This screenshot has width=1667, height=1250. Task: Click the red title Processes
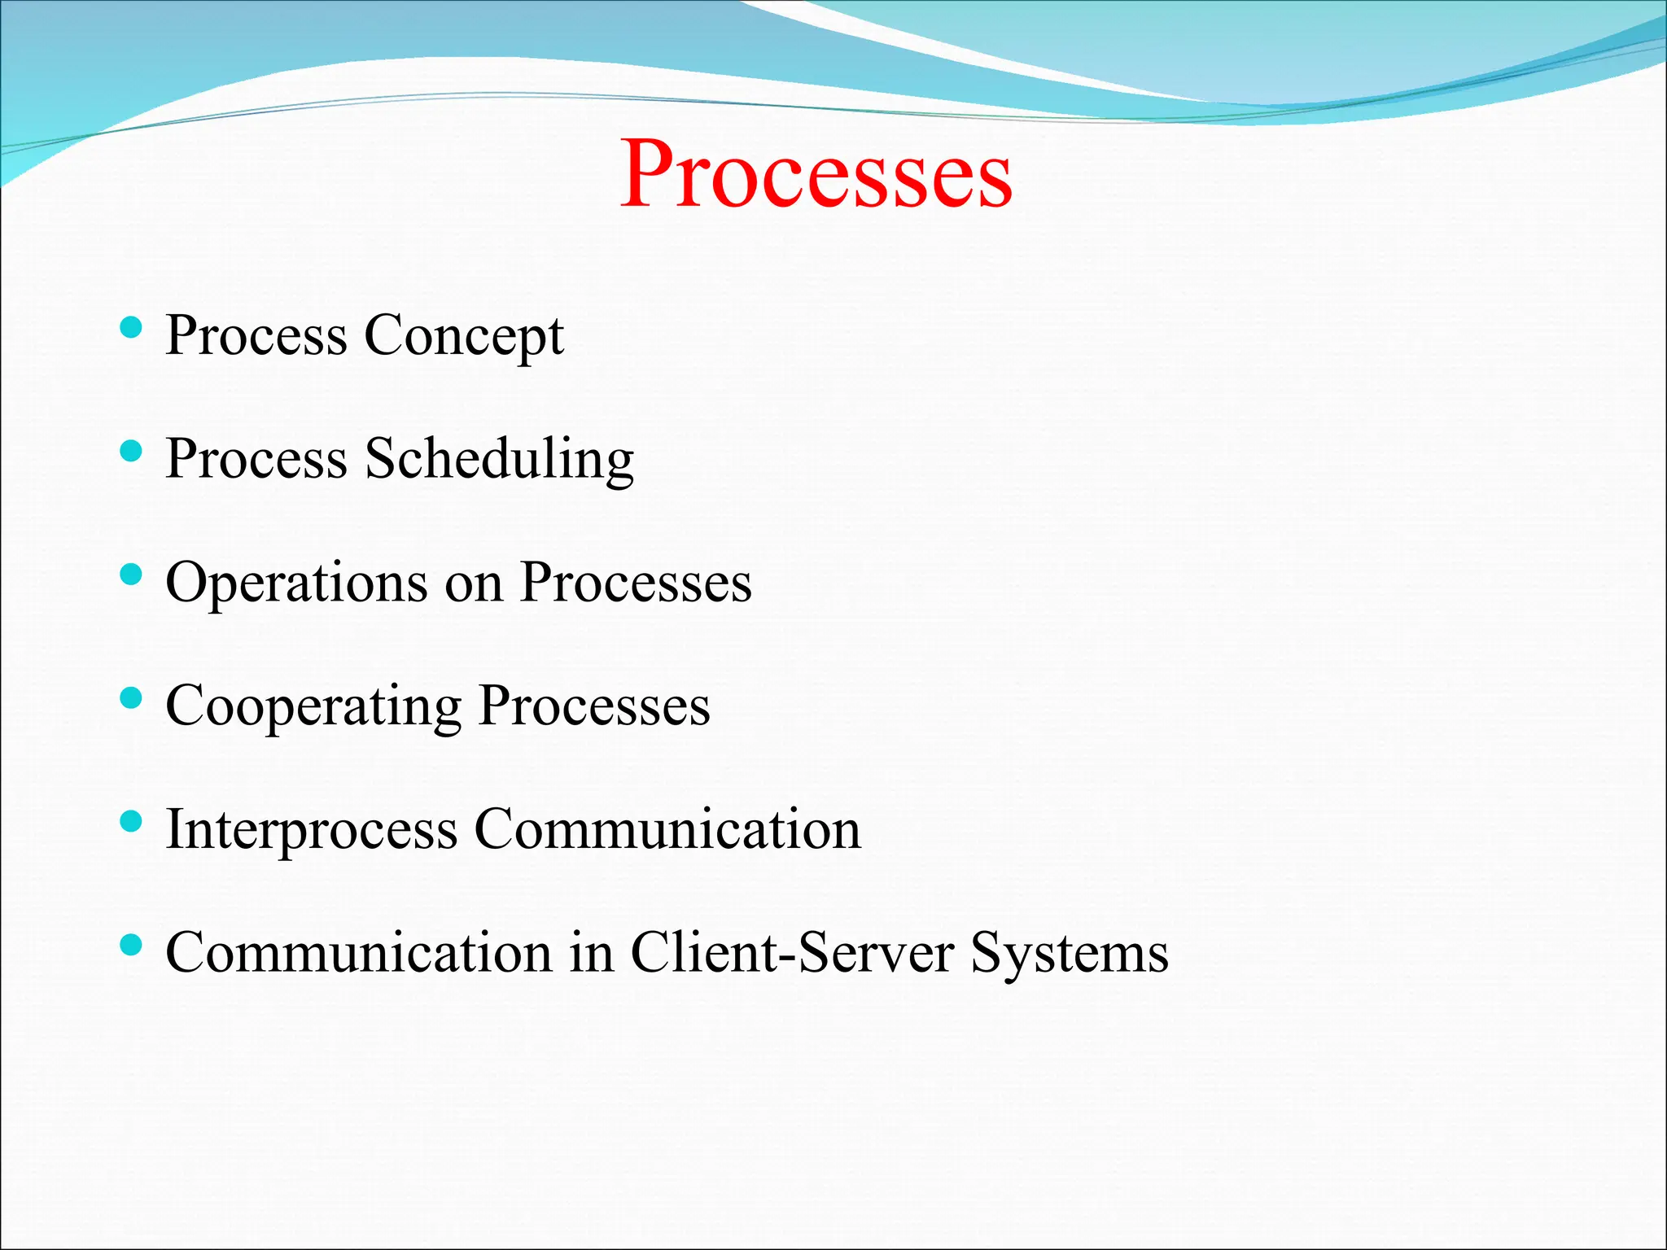click(x=816, y=173)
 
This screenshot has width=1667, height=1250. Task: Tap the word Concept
click(x=463, y=335)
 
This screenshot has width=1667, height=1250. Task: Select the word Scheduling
click(x=499, y=459)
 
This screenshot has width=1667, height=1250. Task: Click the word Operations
click(x=296, y=583)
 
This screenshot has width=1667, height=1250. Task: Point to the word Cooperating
click(x=313, y=706)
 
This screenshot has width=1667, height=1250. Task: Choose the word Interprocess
click(x=312, y=829)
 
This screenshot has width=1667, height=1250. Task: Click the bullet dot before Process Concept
click(x=130, y=327)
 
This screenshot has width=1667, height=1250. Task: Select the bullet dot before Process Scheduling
click(x=130, y=451)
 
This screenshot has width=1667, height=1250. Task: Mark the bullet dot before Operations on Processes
click(x=130, y=575)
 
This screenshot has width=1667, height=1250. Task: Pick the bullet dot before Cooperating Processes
click(x=130, y=697)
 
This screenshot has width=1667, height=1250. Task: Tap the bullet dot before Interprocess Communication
click(x=130, y=821)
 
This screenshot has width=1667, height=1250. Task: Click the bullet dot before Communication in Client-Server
click(x=130, y=945)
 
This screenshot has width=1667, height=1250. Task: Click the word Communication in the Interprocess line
click(x=667, y=829)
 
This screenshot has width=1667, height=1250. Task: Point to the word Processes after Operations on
click(x=636, y=583)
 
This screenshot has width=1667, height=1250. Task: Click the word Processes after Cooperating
click(x=594, y=706)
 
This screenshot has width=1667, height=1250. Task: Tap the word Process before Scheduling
click(x=256, y=459)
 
